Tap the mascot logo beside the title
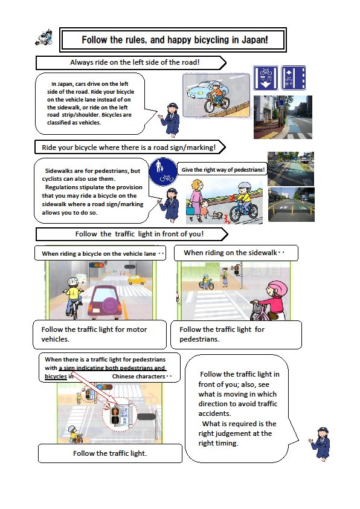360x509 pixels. [x=43, y=37]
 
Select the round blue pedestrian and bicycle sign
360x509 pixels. [x=163, y=172]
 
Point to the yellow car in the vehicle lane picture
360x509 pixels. [x=137, y=279]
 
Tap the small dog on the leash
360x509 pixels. [x=217, y=216]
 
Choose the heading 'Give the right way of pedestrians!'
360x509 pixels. [x=223, y=169]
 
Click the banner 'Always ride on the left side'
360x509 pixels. [x=131, y=62]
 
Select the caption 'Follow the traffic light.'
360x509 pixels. [x=110, y=453]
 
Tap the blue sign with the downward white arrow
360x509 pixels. [x=266, y=78]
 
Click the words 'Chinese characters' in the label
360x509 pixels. [x=138, y=377]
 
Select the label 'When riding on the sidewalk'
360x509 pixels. [x=231, y=253]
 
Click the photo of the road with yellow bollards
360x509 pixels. [x=291, y=204]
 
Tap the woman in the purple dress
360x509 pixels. [x=196, y=199]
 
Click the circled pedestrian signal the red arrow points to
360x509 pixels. [x=117, y=416]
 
